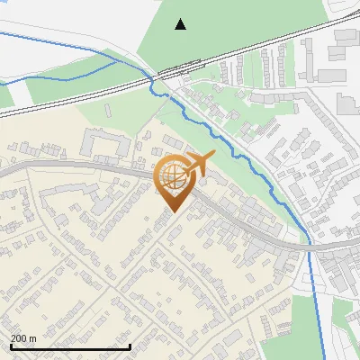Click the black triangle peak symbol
181,24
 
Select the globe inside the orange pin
172,176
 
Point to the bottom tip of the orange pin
172,212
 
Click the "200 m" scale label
23,338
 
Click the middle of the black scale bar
70,347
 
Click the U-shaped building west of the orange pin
105,144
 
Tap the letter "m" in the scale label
32,338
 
